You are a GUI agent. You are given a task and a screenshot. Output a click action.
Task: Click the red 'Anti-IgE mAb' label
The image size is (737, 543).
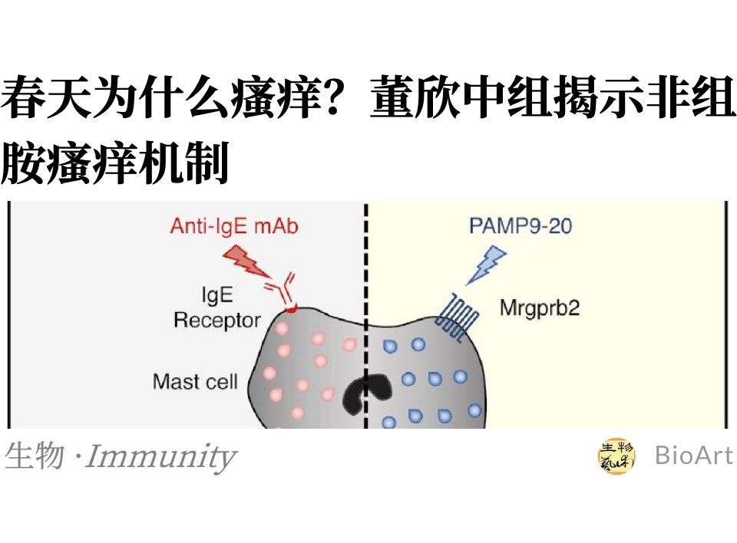point(233,226)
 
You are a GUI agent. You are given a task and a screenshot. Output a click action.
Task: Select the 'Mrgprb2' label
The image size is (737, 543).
point(539,308)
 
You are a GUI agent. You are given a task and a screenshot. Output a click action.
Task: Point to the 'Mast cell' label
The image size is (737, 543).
point(195,381)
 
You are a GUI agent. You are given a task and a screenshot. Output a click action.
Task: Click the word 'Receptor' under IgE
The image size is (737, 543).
point(216,319)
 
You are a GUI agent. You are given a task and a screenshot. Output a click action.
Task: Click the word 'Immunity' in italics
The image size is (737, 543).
point(160,457)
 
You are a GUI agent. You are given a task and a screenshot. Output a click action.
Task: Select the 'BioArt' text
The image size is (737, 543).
point(693,456)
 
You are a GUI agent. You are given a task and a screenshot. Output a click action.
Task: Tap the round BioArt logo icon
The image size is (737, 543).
point(617,456)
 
